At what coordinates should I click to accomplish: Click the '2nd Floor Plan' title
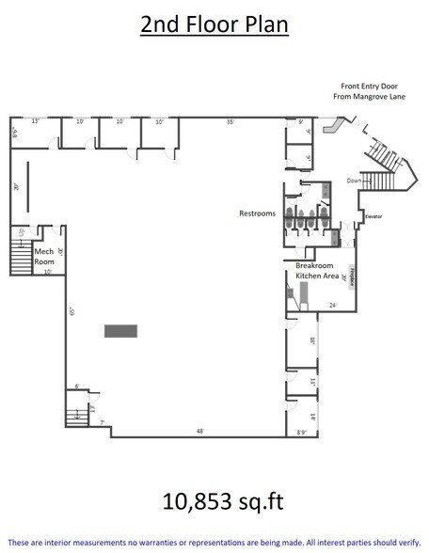(214, 25)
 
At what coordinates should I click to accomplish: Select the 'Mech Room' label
(43, 256)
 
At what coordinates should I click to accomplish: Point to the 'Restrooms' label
(257, 213)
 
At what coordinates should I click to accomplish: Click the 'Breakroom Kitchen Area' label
(310, 270)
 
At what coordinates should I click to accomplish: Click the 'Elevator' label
(374, 217)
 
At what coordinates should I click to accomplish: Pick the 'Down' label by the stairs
(353, 180)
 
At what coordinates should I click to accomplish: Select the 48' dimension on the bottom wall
(199, 431)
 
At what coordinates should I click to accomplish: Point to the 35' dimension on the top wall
(230, 121)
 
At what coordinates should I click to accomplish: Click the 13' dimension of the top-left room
(35, 121)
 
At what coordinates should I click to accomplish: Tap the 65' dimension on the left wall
(71, 311)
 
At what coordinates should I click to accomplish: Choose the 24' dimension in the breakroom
(333, 305)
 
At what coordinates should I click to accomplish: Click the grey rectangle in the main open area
(120, 330)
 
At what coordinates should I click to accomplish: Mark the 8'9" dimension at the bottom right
(302, 432)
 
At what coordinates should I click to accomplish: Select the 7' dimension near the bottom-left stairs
(102, 423)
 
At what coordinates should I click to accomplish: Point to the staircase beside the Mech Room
(20, 255)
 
